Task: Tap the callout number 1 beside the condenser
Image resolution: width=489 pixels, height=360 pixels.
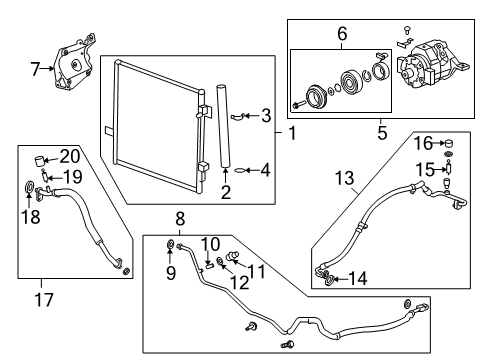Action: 265,115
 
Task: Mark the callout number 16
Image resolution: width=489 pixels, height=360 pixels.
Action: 424,143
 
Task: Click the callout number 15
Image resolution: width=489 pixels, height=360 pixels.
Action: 424,169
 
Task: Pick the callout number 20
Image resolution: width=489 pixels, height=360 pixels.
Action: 68,156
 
